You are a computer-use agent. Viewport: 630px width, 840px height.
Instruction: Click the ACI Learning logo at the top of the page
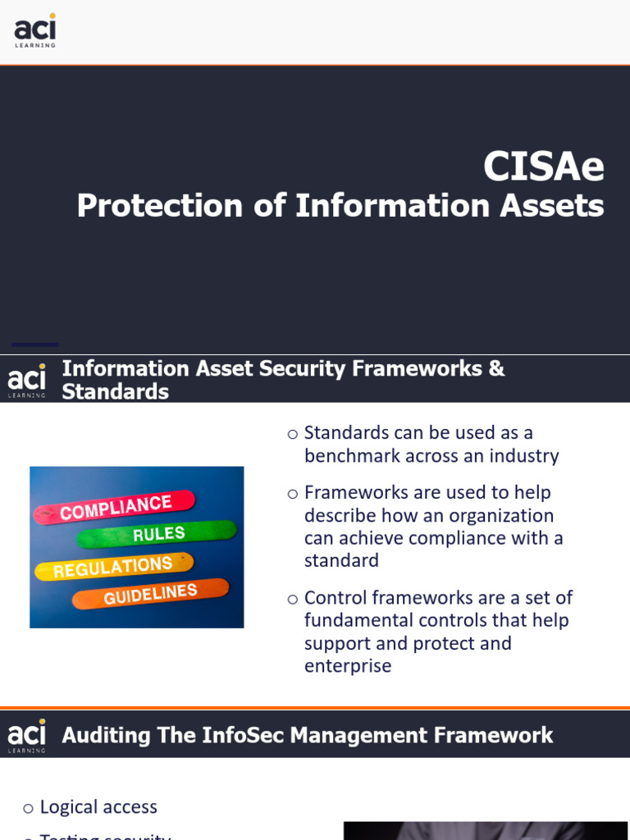[35, 30]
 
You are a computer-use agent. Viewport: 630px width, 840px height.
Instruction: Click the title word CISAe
[543, 167]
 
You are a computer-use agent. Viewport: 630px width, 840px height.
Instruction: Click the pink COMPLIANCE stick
[115, 508]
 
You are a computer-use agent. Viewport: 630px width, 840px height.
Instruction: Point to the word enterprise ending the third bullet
[348, 665]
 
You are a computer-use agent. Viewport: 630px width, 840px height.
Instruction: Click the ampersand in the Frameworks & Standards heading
[496, 369]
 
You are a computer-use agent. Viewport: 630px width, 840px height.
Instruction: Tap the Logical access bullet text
[98, 807]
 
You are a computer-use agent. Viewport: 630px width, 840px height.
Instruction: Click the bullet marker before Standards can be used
[293, 434]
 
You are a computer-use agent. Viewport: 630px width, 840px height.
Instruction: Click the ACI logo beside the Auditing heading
[27, 735]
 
